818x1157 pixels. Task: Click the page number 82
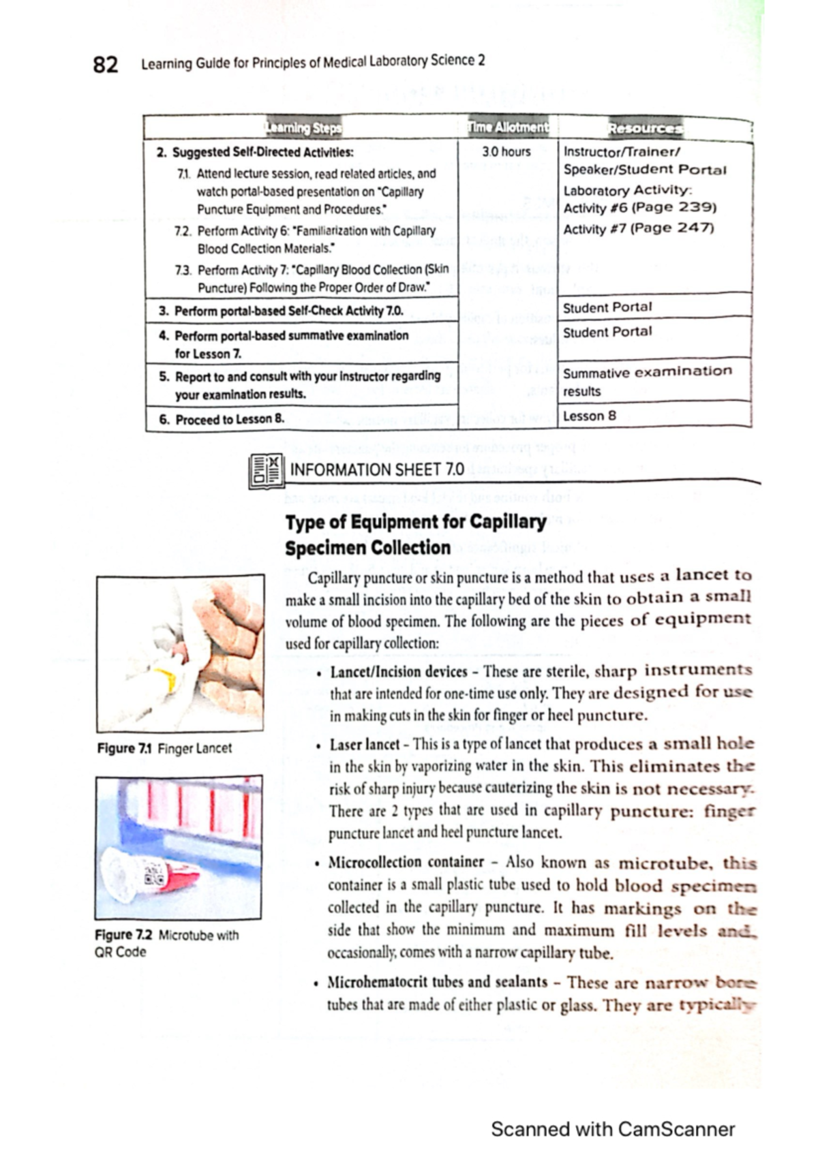(105, 65)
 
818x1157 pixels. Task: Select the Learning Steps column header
(303, 127)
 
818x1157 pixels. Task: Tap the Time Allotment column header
(507, 127)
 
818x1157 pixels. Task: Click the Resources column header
(644, 127)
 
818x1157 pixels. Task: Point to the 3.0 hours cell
(506, 152)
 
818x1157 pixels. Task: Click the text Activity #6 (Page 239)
(639, 208)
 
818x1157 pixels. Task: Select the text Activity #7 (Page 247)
(638, 228)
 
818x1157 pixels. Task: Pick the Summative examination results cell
(646, 381)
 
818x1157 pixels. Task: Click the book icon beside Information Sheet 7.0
(266, 471)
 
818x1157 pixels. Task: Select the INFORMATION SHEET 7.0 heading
(377, 469)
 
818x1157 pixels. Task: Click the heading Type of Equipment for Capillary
(416, 523)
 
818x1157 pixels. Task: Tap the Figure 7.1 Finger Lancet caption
(164, 748)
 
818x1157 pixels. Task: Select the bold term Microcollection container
(406, 863)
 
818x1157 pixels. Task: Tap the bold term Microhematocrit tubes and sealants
(437, 983)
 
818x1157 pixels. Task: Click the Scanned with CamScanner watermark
(612, 1129)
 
